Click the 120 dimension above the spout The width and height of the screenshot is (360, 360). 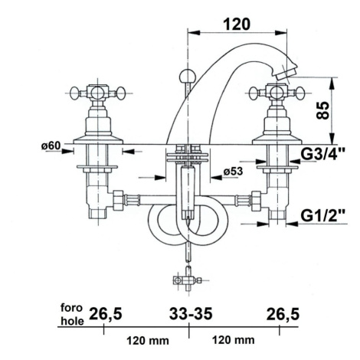(237, 25)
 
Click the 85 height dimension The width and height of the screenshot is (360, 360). (322, 110)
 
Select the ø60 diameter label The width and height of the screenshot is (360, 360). (51, 146)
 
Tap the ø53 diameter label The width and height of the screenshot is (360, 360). (233, 172)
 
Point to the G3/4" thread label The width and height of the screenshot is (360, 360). (322, 155)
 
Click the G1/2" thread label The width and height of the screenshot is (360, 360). (322, 216)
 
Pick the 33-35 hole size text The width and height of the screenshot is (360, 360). (191, 313)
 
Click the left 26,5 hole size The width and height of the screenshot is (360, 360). (105, 314)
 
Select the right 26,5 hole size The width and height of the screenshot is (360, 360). (283, 314)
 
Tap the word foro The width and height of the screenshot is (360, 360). (71, 308)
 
